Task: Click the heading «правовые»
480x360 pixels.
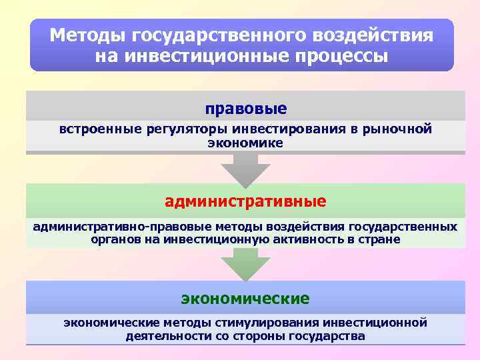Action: [246, 108]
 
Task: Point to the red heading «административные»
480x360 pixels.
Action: [246, 201]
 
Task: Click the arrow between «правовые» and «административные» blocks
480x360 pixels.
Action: [246, 171]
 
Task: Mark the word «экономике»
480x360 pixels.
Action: [245, 143]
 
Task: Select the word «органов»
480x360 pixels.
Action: [117, 239]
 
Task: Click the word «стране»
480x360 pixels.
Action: [381, 239]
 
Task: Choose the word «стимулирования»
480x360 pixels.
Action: [271, 323]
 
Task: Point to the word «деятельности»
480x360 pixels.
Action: [168, 336]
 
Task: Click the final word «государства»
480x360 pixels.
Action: [328, 336]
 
